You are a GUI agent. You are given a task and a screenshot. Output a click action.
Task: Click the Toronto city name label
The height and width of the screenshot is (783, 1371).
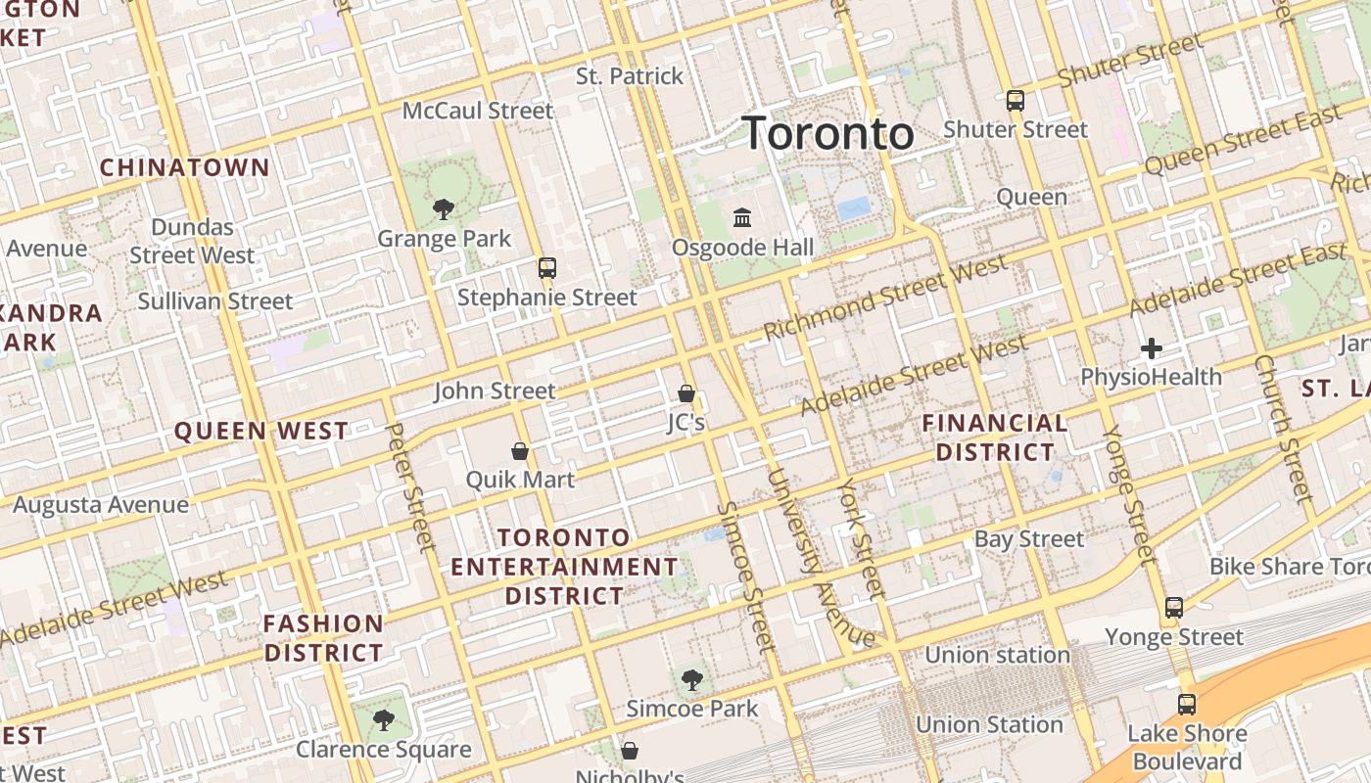coord(827,133)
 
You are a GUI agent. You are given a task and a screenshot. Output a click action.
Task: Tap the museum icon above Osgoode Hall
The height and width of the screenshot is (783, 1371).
coord(742,216)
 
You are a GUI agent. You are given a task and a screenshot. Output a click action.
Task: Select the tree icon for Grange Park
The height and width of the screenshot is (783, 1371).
coord(444,208)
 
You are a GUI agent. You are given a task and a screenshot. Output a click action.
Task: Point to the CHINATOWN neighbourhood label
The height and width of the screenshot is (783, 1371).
coord(184,167)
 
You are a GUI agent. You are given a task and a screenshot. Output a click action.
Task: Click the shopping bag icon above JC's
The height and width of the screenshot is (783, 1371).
coord(686,393)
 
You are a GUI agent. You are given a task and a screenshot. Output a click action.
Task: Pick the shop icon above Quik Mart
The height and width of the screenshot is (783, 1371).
coord(520,451)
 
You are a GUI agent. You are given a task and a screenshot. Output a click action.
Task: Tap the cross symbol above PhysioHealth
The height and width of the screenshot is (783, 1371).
coord(1152,347)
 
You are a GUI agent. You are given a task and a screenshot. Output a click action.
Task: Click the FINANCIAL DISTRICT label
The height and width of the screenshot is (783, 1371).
coord(995,438)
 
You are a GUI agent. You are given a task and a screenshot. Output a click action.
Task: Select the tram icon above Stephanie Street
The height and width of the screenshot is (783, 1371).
coord(547,267)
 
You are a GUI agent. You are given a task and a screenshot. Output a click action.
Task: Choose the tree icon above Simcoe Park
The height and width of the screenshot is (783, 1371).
coord(692,679)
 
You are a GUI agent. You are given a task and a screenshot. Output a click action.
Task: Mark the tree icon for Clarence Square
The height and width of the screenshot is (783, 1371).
coord(383,720)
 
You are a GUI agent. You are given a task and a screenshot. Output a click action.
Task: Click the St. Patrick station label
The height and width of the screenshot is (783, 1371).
coord(630,76)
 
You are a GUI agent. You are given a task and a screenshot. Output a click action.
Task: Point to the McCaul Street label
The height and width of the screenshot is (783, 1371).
coord(478,111)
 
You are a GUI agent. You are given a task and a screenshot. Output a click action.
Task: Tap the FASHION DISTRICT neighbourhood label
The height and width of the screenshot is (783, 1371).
coord(323,638)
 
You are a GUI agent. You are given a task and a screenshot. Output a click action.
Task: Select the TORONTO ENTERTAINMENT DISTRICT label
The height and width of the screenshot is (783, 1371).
coord(564,567)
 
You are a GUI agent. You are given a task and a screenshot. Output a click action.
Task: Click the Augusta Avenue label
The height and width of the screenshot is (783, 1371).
coord(101,505)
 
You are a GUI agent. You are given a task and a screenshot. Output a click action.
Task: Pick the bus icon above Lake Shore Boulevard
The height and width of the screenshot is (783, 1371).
coord(1187,704)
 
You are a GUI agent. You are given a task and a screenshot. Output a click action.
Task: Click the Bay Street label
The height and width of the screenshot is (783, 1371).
coord(1029,539)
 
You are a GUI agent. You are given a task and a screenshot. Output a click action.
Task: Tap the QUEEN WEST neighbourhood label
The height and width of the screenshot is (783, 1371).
coord(260,431)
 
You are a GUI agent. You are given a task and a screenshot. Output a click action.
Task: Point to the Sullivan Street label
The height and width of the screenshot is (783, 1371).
coord(215,301)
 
